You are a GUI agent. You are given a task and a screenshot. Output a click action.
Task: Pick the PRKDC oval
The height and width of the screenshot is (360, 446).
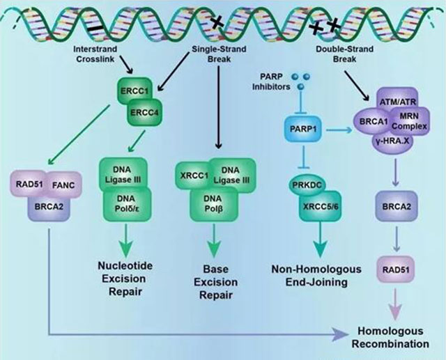click(304, 184)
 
